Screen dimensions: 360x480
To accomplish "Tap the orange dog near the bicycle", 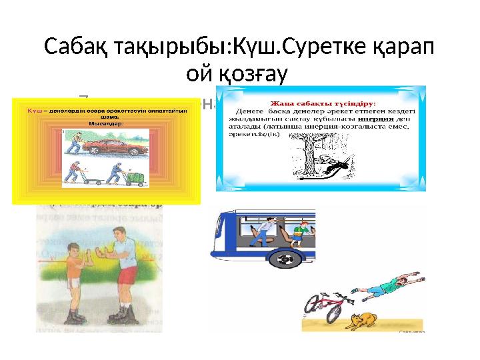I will pos(363,323).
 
